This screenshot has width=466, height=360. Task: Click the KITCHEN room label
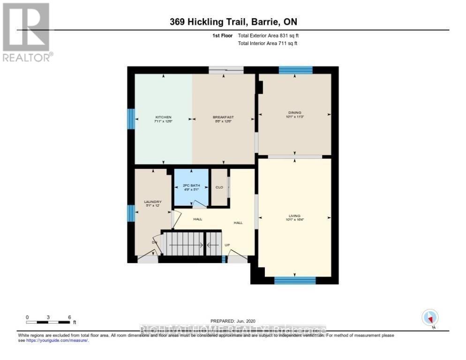(x=163, y=117)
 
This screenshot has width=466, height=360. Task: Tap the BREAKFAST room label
(x=223, y=117)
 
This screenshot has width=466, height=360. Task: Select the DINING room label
(x=294, y=112)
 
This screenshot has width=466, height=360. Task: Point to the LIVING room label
(x=294, y=216)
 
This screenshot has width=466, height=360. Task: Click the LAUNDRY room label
(x=152, y=202)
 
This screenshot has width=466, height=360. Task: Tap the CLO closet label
(x=219, y=187)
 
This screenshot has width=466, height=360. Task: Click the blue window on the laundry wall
(x=131, y=213)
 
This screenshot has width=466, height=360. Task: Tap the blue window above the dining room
(x=295, y=70)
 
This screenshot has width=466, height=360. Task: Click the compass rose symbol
(x=429, y=318)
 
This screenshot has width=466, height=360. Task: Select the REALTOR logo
(x=27, y=32)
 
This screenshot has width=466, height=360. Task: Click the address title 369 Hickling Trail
(x=233, y=22)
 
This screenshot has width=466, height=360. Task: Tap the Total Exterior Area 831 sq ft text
(x=268, y=36)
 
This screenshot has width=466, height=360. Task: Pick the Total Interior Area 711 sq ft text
(x=268, y=43)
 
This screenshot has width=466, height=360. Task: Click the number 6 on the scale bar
(x=69, y=317)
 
